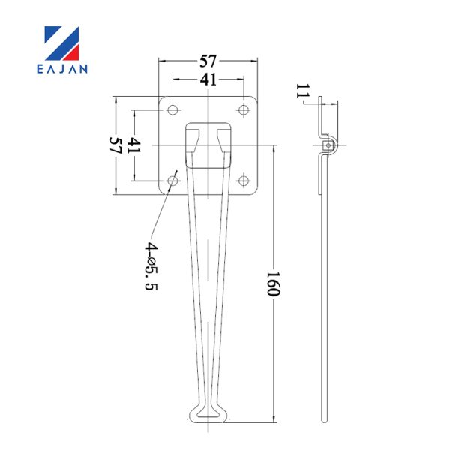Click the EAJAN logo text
tap(62, 69)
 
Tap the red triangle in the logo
tap(73, 54)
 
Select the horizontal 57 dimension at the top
tap(208, 61)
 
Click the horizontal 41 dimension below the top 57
tap(208, 79)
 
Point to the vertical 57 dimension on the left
tap(115, 145)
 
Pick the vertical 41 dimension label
tap(133, 145)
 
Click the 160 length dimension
tap(273, 283)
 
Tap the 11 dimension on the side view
tap(303, 91)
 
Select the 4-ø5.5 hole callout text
tap(151, 266)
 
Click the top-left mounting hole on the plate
tap(172, 109)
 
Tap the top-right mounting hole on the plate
tap(244, 109)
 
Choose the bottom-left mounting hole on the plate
tap(172, 181)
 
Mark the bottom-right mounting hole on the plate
tap(244, 181)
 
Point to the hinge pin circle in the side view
tap(328, 145)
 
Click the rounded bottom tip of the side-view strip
tap(324, 421)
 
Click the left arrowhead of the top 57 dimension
tap(163, 61)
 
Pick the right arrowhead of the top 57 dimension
tap(253, 61)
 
